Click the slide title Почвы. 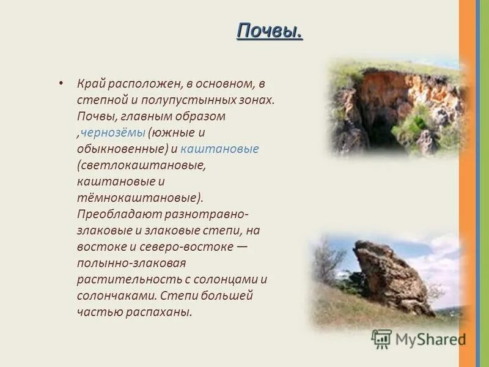[x=269, y=31]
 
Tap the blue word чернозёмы [x=113, y=132]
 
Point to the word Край [x=90, y=83]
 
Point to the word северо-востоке [x=189, y=248]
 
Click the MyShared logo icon [x=381, y=338]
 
